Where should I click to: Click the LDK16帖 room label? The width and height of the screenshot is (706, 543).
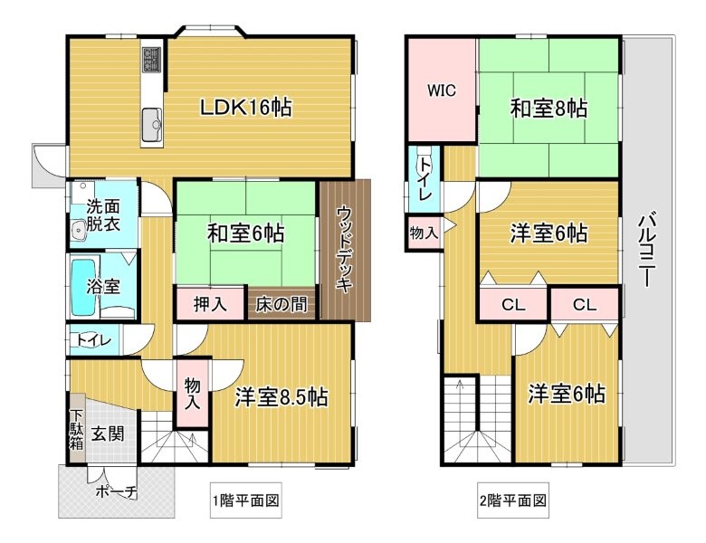tap(246, 108)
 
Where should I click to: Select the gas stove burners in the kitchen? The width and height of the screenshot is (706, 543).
tap(152, 60)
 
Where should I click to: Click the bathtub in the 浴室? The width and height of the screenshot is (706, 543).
tap(85, 287)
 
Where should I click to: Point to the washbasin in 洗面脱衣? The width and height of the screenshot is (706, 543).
tap(80, 230)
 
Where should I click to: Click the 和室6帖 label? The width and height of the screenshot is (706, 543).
tap(245, 233)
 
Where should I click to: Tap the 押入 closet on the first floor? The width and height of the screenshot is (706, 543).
tap(211, 304)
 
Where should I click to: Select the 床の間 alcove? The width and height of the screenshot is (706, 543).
tap(281, 304)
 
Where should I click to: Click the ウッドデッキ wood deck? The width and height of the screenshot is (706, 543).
tap(346, 250)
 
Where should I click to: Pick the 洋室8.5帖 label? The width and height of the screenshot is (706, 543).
tap(281, 397)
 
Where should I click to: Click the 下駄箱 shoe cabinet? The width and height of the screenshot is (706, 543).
tap(77, 429)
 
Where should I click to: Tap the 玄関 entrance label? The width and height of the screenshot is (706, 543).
tap(108, 434)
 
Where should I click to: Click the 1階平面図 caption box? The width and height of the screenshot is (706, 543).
tap(246, 500)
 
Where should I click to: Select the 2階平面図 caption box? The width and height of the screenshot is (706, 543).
tap(513, 500)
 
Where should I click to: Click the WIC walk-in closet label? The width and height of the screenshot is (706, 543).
tap(442, 90)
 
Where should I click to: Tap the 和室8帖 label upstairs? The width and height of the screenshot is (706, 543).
tap(549, 108)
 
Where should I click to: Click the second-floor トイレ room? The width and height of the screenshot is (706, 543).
tap(425, 179)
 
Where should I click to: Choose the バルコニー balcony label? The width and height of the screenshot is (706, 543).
tap(647, 249)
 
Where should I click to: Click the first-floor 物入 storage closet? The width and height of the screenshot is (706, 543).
tap(192, 393)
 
